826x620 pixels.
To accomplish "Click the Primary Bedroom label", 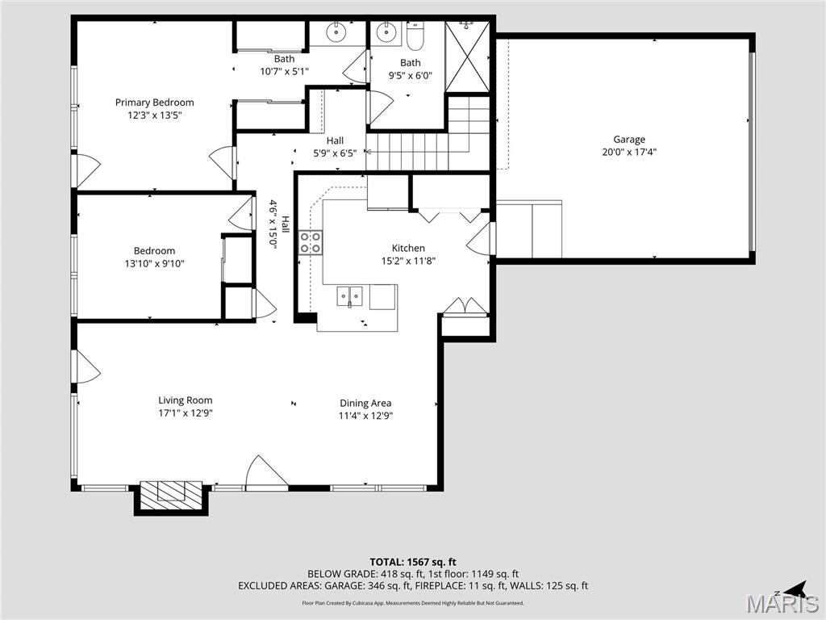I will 154,103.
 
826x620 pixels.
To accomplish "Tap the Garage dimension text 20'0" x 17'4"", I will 629,152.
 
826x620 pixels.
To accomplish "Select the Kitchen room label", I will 408,248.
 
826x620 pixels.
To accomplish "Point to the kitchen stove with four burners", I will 311,242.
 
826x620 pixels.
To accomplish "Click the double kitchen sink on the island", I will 348,296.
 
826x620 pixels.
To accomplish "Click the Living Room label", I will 185,400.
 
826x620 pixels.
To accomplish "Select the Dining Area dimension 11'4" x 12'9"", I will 365,416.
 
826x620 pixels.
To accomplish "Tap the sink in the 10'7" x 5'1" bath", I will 336,33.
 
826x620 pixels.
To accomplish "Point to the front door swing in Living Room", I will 265,473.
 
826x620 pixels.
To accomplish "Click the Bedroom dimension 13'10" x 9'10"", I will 154,263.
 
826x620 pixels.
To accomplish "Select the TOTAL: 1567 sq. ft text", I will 413,562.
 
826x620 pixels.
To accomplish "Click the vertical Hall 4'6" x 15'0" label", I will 278,224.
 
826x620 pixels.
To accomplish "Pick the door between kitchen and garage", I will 481,238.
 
